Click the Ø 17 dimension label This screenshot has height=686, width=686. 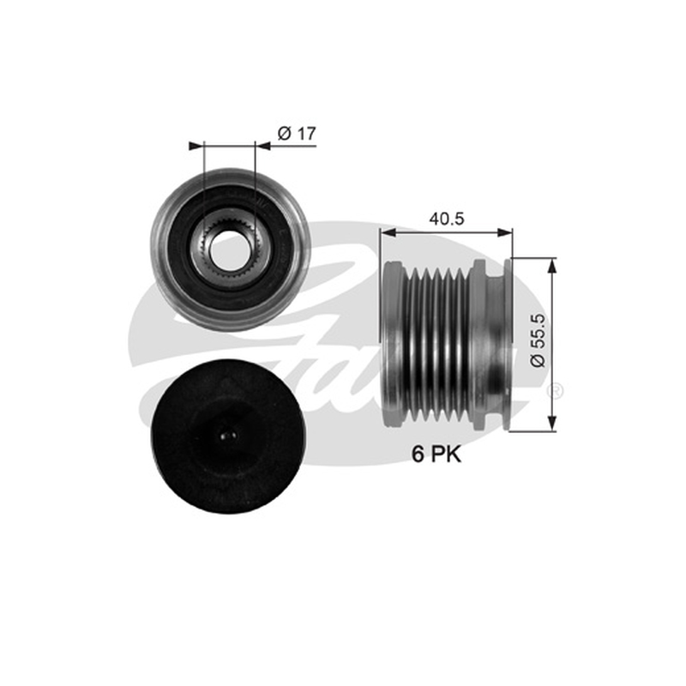pyautogui.click(x=296, y=134)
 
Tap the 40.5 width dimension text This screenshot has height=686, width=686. pyautogui.click(x=446, y=219)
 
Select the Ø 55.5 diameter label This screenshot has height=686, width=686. pyautogui.click(x=539, y=340)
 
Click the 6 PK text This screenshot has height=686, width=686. pyautogui.click(x=436, y=454)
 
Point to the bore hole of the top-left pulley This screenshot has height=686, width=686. pyautogui.click(x=229, y=250)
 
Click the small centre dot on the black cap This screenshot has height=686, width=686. pyautogui.click(x=228, y=436)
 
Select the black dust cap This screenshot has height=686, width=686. pyautogui.click(x=227, y=436)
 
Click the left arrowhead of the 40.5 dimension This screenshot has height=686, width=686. pyautogui.click(x=388, y=232)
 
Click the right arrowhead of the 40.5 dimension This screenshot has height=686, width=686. pyautogui.click(x=505, y=232)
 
